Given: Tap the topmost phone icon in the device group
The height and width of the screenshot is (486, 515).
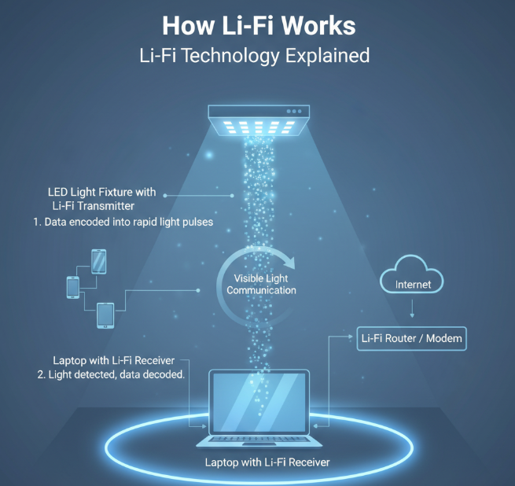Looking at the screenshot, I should click(99, 261).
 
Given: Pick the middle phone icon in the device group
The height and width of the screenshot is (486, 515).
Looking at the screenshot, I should click(73, 287).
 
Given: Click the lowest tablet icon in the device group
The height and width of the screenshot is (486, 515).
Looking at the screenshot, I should click(105, 315).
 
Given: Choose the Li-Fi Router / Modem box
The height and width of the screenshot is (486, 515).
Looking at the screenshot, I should click(411, 340).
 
